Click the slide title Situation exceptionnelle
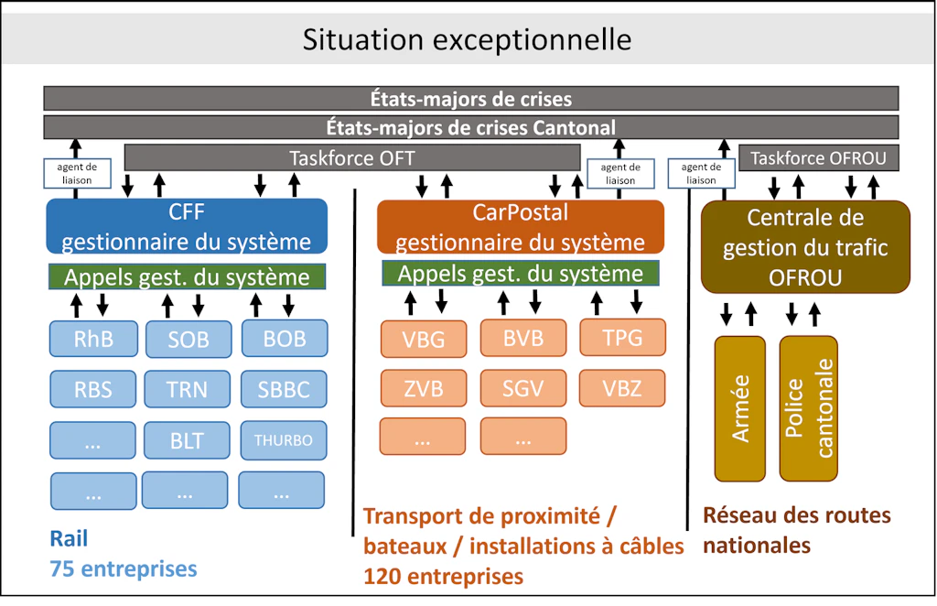[467, 39]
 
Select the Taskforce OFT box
[351, 157]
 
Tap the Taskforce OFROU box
[818, 157]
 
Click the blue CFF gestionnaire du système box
[186, 226]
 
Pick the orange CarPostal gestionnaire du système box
[520, 226]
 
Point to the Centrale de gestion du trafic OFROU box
[805, 247]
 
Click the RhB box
[93, 339]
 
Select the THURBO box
[283, 440]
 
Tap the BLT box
[187, 440]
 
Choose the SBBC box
[284, 389]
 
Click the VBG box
[423, 340]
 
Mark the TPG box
[622, 338]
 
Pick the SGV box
[522, 388]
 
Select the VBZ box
[622, 388]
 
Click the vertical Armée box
[740, 407]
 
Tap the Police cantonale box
[809, 407]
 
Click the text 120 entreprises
[444, 576]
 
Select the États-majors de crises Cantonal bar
[470, 127]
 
